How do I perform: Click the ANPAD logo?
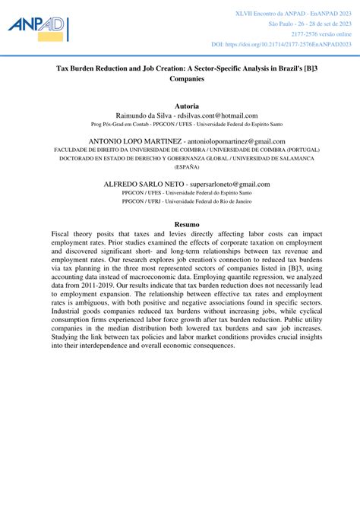coord(39,28)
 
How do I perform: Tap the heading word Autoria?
coord(186,106)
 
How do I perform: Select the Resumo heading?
coord(186,224)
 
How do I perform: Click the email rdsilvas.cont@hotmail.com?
coord(217,115)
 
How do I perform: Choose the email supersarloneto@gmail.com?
coord(229,184)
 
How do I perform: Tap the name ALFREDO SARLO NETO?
coord(144,184)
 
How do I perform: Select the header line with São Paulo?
coord(311,24)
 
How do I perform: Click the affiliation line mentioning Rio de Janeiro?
coord(187,201)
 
